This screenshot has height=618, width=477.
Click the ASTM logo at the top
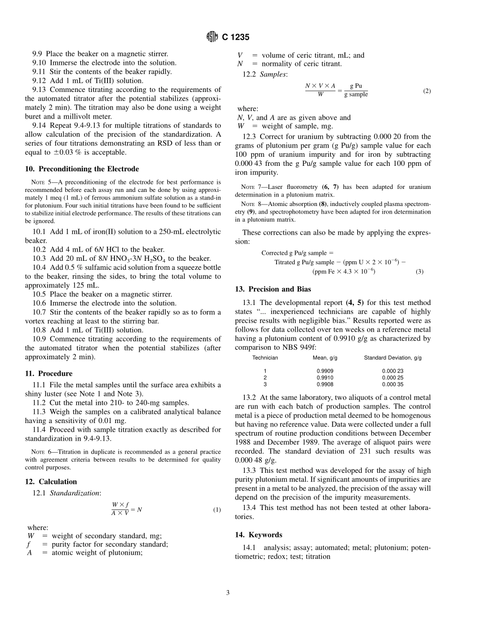[x=212, y=37]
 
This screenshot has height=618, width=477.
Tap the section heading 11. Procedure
[x=49, y=373]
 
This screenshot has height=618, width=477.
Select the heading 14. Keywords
[x=259, y=535]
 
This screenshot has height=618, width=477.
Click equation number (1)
[x=217, y=509]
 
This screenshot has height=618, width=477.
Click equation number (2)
[x=427, y=90]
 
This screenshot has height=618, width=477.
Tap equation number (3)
[x=419, y=271]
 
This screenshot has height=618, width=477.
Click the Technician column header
[x=265, y=358]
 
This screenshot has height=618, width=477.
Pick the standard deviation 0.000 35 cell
[x=393, y=384]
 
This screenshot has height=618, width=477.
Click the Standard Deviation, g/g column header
[x=393, y=358]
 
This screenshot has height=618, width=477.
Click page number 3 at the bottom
[x=227, y=593]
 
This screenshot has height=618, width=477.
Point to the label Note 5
[x=39, y=182]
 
